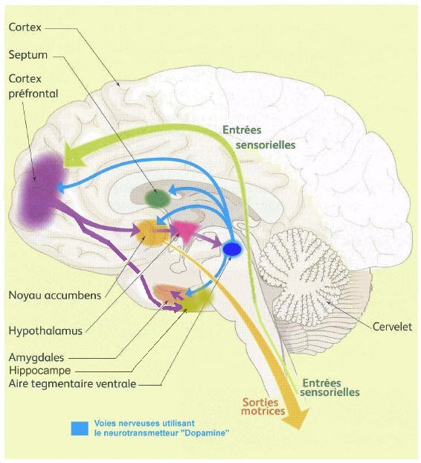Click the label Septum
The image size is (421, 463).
pyautogui.click(x=28, y=55)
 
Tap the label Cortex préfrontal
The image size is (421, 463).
pyautogui.click(x=33, y=86)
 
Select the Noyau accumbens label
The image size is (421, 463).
pyautogui.click(x=55, y=295)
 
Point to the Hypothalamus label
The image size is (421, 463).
pyautogui.click(x=45, y=331)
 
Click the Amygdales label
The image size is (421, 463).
pyautogui.click(x=36, y=357)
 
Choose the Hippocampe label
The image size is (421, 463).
pyautogui.click(x=40, y=370)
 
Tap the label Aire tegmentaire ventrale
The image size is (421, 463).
pyautogui.click(x=72, y=383)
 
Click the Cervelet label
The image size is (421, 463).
pyautogui.click(x=392, y=327)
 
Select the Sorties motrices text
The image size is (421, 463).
pyautogui.click(x=263, y=406)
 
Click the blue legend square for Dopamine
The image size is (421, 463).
pyautogui.click(x=80, y=429)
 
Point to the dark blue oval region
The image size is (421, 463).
pyautogui.click(x=232, y=249)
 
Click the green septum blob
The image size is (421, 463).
pyautogui.click(x=158, y=198)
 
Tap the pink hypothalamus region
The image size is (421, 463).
pyautogui.click(x=185, y=230)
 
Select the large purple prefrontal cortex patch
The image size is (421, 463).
pyautogui.click(x=41, y=191)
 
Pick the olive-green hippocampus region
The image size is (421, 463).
pyautogui.click(x=197, y=300)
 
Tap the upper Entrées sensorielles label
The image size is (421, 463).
pyautogui.click(x=259, y=138)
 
